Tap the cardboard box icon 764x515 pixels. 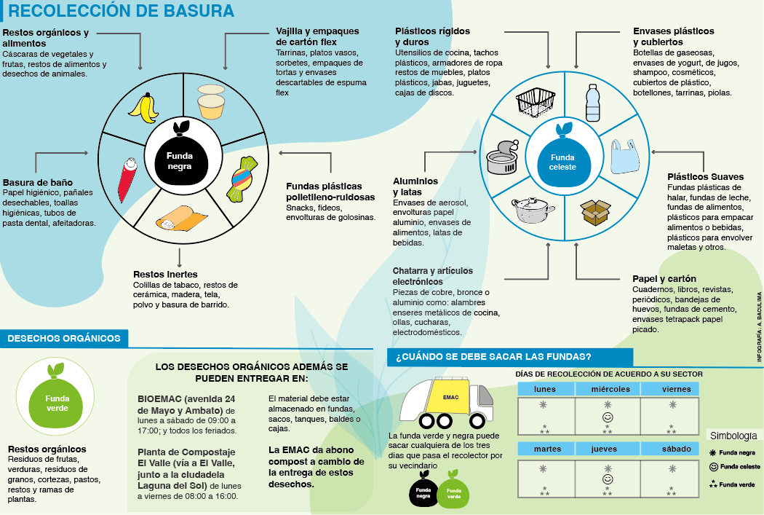[594, 212]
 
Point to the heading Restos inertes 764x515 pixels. [155, 274]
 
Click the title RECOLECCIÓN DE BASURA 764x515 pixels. [121, 11]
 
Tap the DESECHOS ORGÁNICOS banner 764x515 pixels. [64, 338]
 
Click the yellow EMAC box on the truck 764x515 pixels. [450, 398]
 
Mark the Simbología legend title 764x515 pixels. [733, 436]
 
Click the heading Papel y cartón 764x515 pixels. [664, 279]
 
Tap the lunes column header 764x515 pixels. [545, 389]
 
